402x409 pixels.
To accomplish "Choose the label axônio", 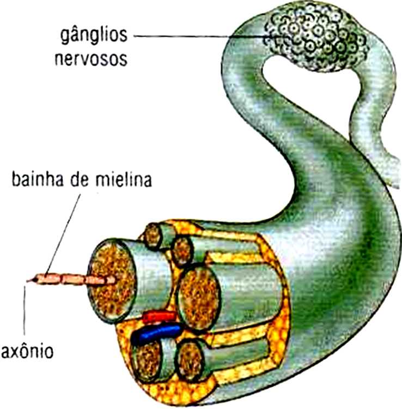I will pos(27,350).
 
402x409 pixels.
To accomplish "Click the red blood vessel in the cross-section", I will pos(159,316).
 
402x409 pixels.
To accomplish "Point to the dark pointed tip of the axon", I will pos(30,281).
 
